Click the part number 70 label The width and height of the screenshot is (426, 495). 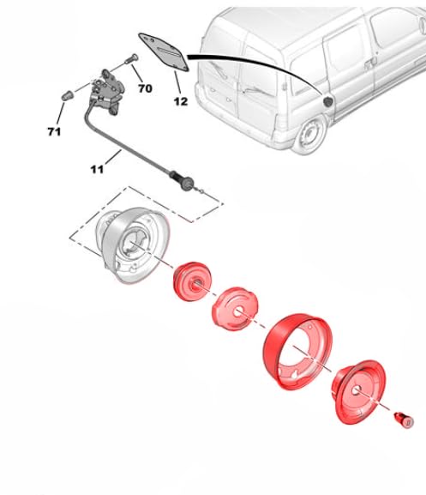(145, 88)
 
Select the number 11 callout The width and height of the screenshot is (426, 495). (97, 169)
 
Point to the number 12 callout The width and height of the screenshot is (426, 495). (180, 102)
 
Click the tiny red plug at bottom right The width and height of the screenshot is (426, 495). (400, 420)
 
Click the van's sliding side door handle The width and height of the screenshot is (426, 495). (368, 63)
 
